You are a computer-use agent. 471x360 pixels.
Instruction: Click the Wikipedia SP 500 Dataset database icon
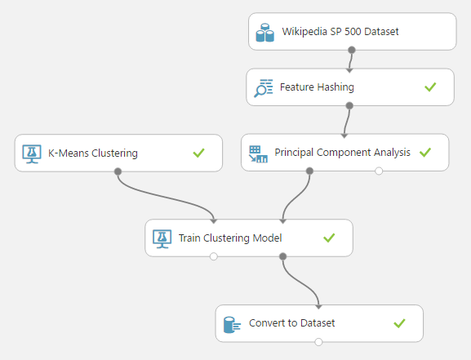point(264,33)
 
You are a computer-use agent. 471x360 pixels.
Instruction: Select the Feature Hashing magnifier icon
point(264,88)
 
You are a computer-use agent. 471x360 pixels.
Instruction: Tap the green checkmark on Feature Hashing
point(430,87)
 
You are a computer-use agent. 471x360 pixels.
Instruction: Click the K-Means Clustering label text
point(93,153)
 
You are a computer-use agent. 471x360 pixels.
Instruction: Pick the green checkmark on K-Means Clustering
point(198,153)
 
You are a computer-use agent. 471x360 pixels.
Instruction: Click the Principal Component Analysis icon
point(258,153)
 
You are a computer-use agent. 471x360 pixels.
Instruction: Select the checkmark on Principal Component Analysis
point(425,153)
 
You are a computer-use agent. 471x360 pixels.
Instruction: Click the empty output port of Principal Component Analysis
point(379,171)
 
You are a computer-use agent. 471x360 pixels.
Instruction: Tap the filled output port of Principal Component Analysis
point(309,171)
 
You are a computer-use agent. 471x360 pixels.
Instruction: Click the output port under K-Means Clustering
point(118,171)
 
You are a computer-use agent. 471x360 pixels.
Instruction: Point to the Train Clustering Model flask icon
point(162,239)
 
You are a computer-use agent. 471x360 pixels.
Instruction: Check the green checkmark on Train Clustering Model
point(329,238)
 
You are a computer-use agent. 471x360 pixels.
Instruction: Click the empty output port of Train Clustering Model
point(214,256)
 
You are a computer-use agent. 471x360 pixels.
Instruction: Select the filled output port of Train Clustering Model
point(282,256)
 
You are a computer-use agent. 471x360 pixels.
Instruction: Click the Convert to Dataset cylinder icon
point(232,325)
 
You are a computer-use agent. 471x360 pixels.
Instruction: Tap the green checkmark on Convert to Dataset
point(399,323)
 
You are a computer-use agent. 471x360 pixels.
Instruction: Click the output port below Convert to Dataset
point(318,342)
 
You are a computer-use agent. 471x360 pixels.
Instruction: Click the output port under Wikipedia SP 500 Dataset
point(352,50)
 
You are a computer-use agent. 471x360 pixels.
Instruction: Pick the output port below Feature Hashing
point(349,105)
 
